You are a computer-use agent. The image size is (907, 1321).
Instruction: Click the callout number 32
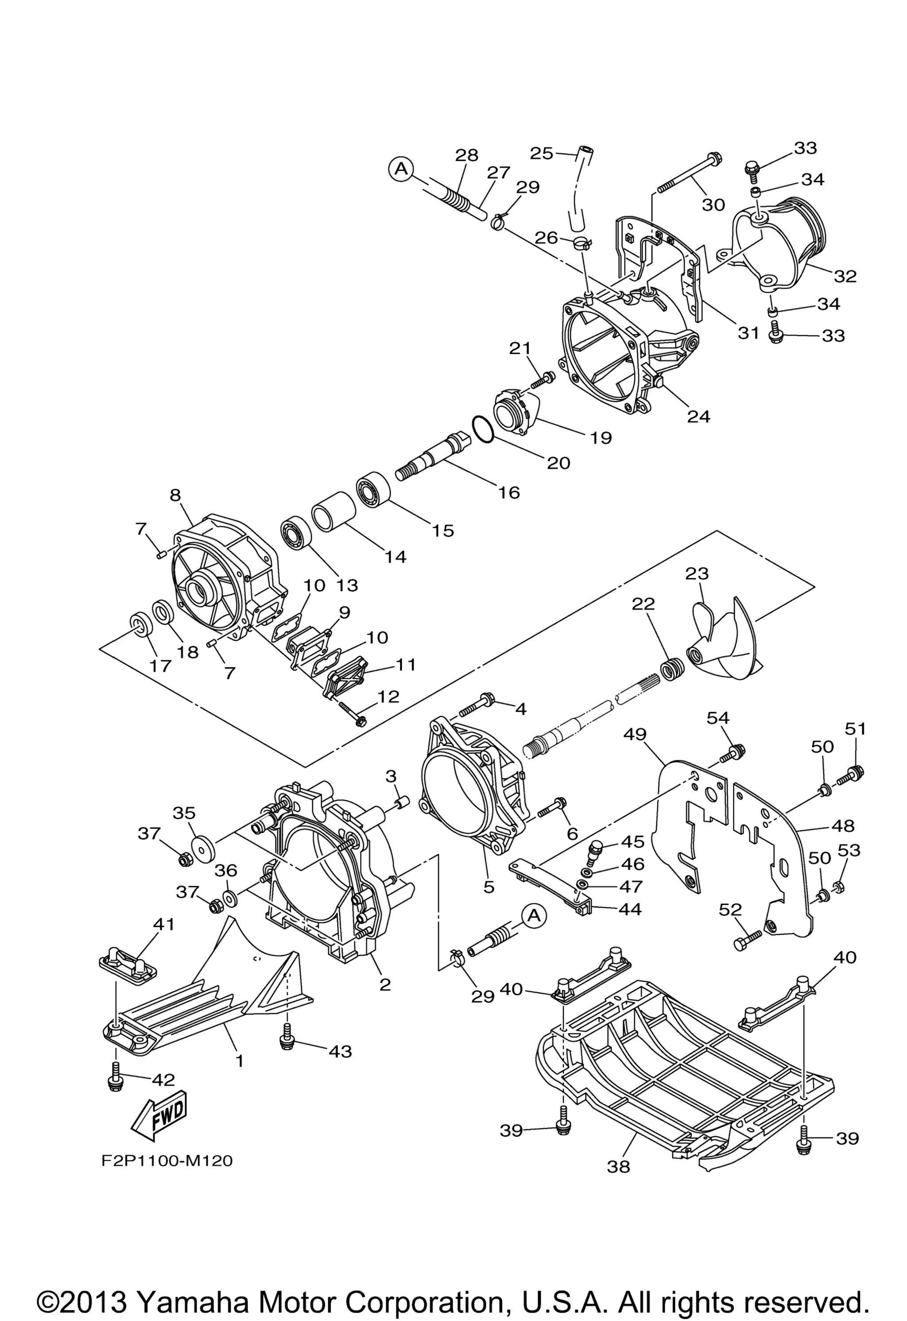coord(845,276)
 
